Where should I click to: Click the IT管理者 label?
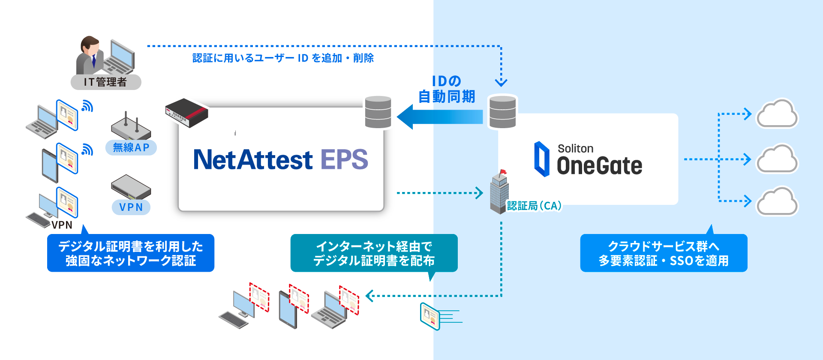(x=105, y=82)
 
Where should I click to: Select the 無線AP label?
(x=131, y=147)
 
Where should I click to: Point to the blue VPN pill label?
(x=131, y=207)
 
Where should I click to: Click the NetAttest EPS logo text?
(x=280, y=160)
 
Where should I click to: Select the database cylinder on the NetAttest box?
(x=378, y=112)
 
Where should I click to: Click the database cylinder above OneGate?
(x=502, y=112)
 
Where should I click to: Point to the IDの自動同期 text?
(x=447, y=89)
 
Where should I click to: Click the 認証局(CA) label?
(x=534, y=206)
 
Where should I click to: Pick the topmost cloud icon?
(x=777, y=114)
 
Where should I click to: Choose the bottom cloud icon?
(x=777, y=201)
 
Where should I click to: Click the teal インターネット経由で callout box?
(x=374, y=253)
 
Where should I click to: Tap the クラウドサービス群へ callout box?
(x=664, y=253)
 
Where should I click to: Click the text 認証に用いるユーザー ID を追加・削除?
(x=283, y=58)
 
